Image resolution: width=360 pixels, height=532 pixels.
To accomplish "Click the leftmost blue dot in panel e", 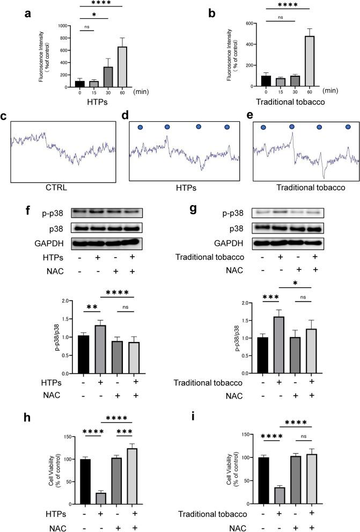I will click(x=263, y=128).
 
